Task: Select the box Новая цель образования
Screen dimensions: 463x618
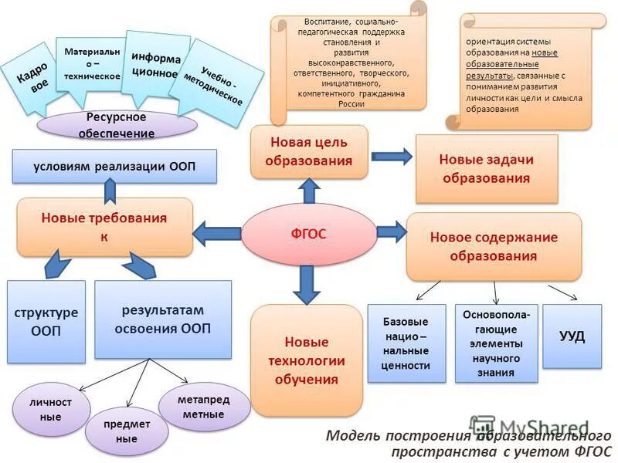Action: (308, 152)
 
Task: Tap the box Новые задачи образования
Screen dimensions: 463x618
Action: (486, 169)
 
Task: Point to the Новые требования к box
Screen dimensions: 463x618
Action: (104, 227)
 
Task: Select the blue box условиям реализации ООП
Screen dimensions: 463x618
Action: (114, 166)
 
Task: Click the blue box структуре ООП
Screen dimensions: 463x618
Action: (46, 322)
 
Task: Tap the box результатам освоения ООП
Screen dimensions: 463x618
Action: (162, 319)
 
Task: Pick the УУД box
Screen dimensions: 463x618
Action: (572, 336)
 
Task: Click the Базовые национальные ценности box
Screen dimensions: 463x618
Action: (406, 343)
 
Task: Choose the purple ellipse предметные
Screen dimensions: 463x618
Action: (126, 431)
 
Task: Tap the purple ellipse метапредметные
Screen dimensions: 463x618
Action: (204, 407)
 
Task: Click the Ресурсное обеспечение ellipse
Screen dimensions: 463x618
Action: (116, 124)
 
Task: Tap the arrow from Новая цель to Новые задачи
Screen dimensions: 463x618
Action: (392, 156)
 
